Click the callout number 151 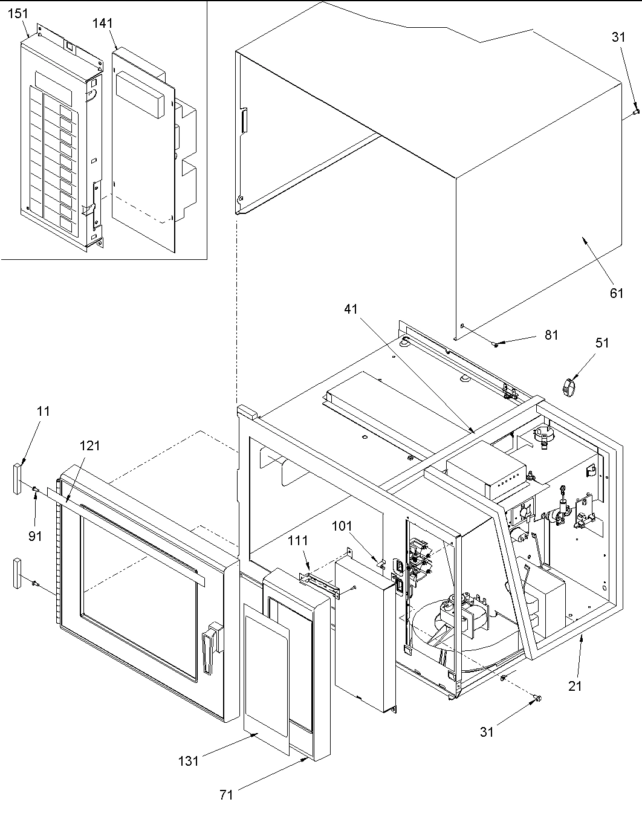[x=18, y=14]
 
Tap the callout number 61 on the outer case [x=616, y=293]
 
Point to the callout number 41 [x=351, y=309]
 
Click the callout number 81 [x=551, y=335]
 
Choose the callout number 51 [x=602, y=343]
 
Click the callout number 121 [x=89, y=445]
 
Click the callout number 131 [x=189, y=761]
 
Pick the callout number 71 [x=226, y=795]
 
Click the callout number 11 [x=43, y=411]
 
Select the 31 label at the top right [x=618, y=37]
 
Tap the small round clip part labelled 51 [x=568, y=386]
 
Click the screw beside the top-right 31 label [x=634, y=111]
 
